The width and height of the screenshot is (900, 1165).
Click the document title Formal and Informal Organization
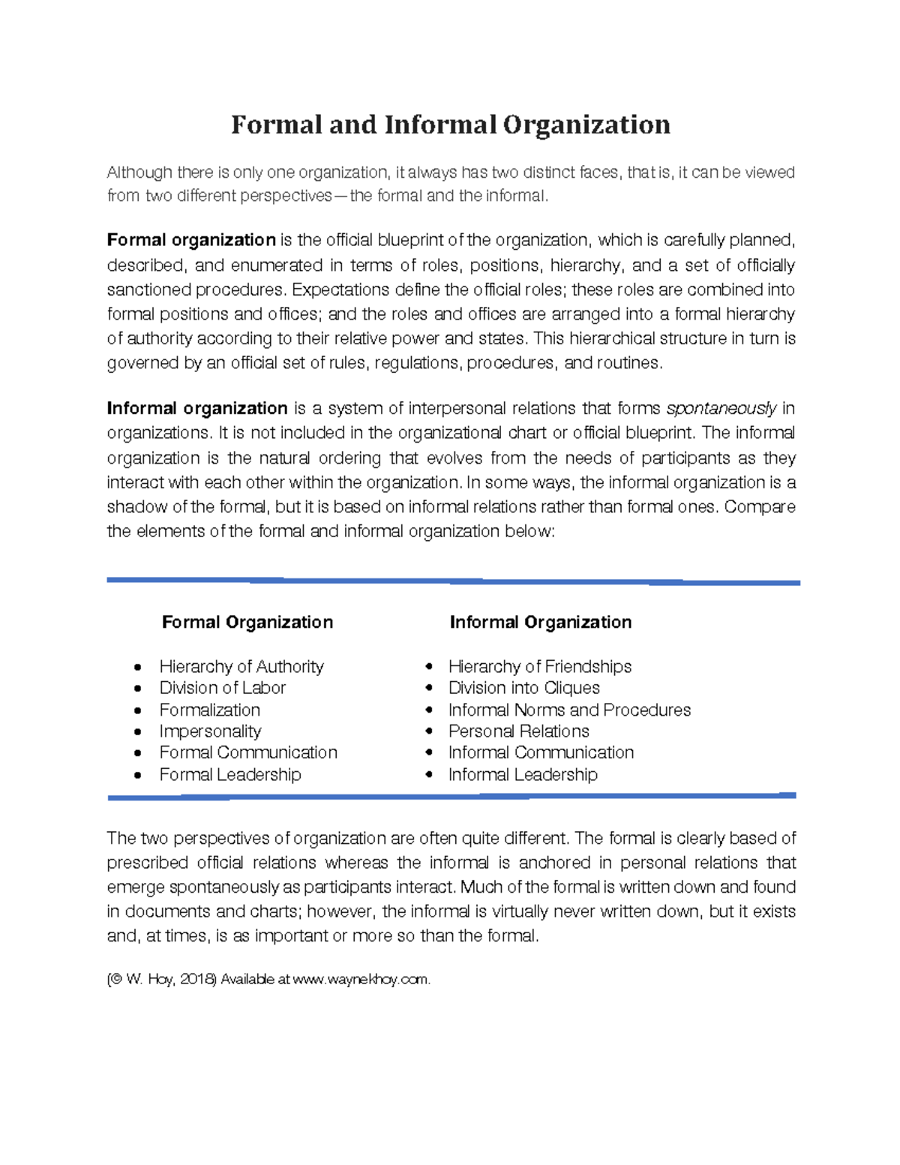pos(450,125)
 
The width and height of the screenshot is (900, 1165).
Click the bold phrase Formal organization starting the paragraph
pos(191,240)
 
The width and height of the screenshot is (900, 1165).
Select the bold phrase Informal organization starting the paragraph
pos(197,408)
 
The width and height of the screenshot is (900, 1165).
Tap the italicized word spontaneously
pos(721,409)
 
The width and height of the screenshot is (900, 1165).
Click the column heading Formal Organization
pos(247,622)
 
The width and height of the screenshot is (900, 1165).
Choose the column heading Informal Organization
pos(540,622)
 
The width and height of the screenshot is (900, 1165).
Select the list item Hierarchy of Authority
pos(241,666)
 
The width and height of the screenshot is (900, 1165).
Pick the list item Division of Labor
pos(222,688)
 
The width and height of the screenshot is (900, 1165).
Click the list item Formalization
pos(210,710)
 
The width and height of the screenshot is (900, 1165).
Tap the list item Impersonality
pos(210,731)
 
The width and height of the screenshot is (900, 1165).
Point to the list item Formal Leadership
pos(230,774)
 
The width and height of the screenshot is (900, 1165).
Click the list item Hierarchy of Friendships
pos(539,666)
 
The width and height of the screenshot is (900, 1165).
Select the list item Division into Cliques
pos(523,688)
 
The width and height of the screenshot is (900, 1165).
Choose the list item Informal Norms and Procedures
pos(569,710)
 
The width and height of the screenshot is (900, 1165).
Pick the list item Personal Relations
pos(518,731)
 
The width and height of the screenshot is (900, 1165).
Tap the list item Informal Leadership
pos(523,774)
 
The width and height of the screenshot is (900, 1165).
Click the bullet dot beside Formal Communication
pos(137,753)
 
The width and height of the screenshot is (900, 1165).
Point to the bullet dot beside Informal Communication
pos(429,752)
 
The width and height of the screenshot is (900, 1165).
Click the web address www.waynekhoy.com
pos(361,980)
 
